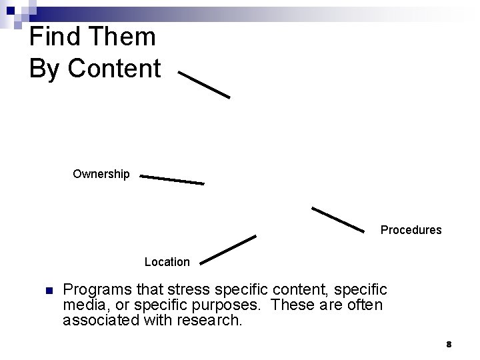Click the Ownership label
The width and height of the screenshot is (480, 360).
(x=101, y=174)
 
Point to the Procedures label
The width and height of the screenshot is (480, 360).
(x=411, y=230)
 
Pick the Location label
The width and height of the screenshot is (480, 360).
(x=167, y=262)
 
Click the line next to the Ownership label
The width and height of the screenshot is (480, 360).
(x=172, y=180)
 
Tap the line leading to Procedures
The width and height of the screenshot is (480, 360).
(x=339, y=220)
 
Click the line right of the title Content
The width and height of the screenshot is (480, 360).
(x=204, y=85)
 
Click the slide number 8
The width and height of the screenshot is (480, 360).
(x=449, y=344)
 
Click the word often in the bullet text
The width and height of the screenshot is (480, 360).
(x=365, y=305)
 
